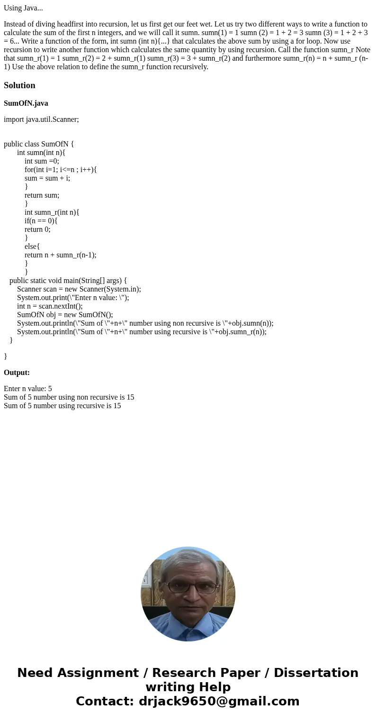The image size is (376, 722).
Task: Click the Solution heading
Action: click(19, 85)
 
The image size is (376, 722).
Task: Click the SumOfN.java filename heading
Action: click(26, 103)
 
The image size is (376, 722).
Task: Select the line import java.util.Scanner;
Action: click(41, 119)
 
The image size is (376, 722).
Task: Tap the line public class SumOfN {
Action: click(39, 144)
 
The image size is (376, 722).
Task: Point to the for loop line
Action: click(61, 170)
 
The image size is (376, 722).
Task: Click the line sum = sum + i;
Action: click(47, 178)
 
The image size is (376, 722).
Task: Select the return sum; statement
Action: click(42, 195)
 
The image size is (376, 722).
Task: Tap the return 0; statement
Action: click(37, 229)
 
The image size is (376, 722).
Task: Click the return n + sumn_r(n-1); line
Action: click(61, 255)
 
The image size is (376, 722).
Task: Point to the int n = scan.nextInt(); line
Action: click(50, 306)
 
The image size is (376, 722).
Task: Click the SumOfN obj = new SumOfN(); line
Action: click(65, 315)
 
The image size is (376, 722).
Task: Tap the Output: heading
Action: click(17, 373)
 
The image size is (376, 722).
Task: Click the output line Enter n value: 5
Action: click(28, 389)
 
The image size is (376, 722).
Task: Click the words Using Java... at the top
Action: click(23, 8)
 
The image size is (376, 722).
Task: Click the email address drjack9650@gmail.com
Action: click(219, 701)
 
